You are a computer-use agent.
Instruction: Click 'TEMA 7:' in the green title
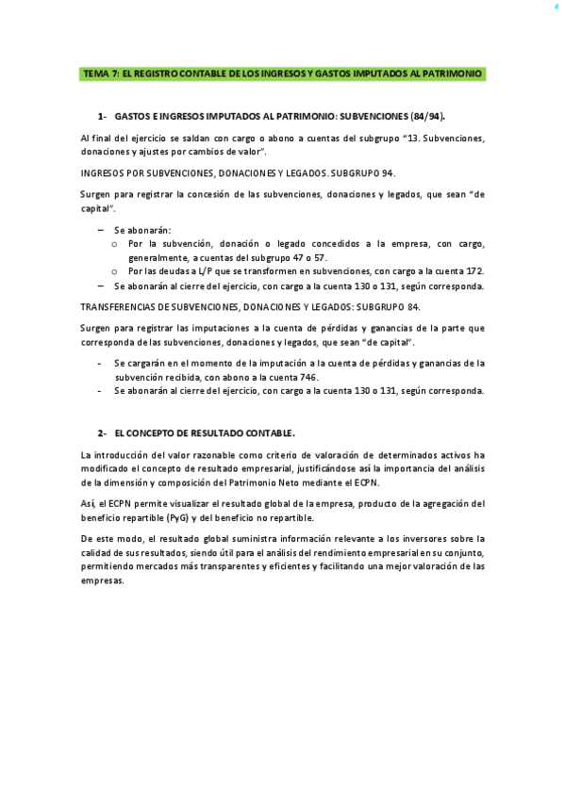(x=100, y=73)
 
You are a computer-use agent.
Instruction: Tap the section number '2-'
(x=103, y=432)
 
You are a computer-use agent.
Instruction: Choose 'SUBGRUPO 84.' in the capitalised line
(x=392, y=307)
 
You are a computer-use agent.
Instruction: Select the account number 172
(x=474, y=269)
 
